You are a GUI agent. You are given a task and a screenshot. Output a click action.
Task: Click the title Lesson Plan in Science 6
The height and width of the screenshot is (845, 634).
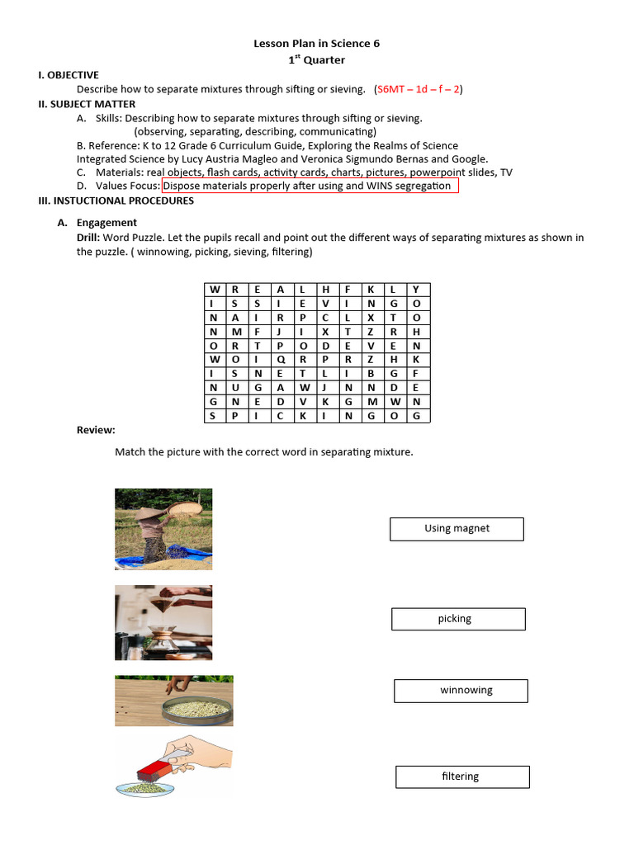316,44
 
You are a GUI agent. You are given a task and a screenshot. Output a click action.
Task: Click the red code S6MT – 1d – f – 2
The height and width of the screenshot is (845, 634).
419,89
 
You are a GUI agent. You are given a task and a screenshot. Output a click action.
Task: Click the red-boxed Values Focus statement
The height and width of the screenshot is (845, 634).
310,186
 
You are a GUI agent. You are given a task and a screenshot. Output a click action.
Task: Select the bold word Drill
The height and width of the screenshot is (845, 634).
90,238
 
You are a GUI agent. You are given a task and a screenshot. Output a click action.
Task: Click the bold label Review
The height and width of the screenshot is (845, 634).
96,430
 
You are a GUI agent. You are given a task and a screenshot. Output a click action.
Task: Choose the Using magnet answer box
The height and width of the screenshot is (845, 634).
457,529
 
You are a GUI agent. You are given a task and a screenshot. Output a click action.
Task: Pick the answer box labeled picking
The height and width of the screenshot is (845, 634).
458,619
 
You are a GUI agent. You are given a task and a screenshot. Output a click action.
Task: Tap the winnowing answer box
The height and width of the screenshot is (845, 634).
461,691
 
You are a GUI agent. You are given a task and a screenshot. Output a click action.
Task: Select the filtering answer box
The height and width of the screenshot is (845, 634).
462,777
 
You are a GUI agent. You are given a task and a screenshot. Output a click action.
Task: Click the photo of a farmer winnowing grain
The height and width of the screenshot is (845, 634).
163,529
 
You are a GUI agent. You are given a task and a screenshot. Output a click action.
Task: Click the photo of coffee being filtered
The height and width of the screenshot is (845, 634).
163,622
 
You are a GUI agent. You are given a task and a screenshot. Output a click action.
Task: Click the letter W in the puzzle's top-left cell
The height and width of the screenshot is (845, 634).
215,290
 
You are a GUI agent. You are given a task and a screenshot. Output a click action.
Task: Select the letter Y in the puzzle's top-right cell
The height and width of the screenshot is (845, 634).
416,290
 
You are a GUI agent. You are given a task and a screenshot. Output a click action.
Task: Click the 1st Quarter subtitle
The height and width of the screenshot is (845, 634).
316,59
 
